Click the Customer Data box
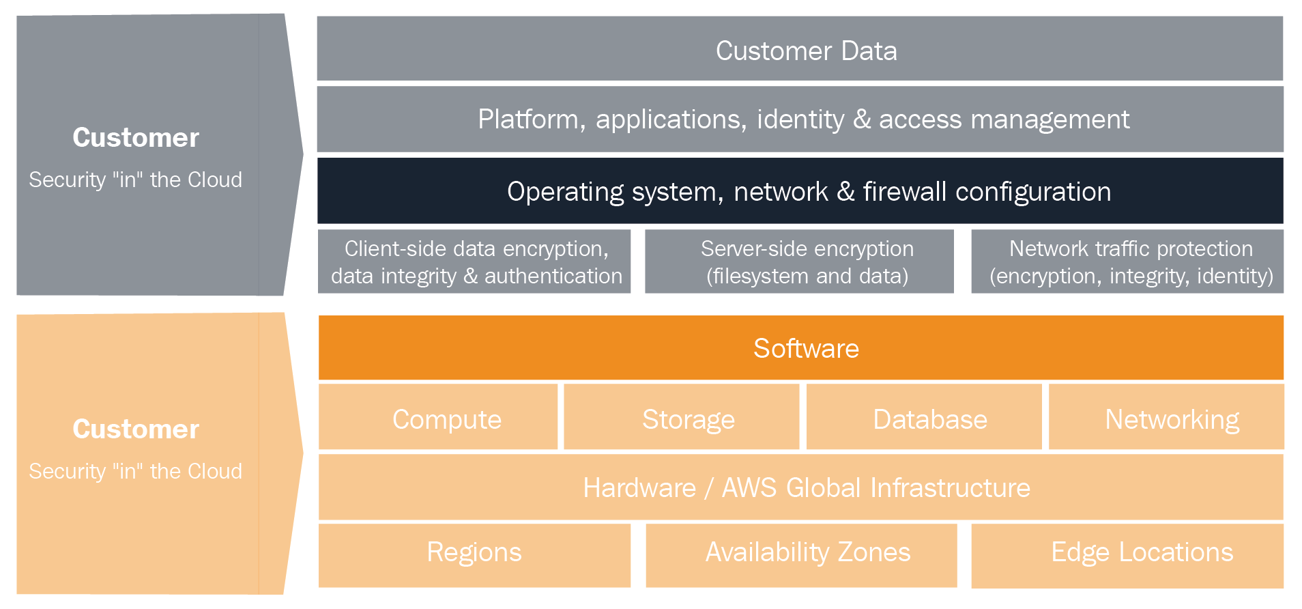pos(800,48)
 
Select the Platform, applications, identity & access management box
pos(800,119)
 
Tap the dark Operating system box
pos(800,190)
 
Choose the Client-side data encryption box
pos(474,261)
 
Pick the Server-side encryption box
pos(799,261)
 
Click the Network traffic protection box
pos(1127,261)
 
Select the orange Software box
pos(801,348)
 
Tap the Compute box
pos(438,416)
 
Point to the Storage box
pos(682,416)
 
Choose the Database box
pos(924,416)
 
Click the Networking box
pos(1166,416)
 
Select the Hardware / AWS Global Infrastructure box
pos(801,487)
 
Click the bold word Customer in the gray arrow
pos(136,137)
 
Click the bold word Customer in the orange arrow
pos(136,429)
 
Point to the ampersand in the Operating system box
pos(845,192)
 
